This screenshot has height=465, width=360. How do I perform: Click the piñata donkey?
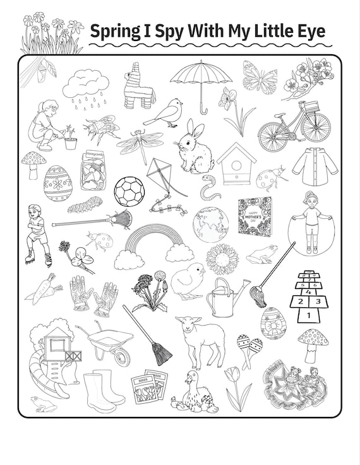(x=139, y=87)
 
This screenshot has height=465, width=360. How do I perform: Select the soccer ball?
(x=129, y=191)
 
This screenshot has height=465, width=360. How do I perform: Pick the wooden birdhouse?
(x=236, y=163)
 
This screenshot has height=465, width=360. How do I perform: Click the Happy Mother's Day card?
(x=255, y=215)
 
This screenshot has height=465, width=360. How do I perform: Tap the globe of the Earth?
(x=211, y=223)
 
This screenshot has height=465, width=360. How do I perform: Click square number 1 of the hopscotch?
(x=308, y=314)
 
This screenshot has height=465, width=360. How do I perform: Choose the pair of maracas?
(x=249, y=348)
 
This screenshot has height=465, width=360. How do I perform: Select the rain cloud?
(x=86, y=85)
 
